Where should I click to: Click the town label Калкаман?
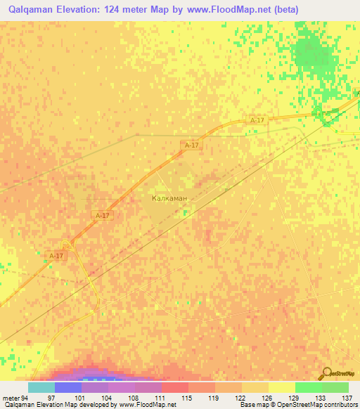[169, 199]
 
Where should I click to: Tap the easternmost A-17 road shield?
[257, 121]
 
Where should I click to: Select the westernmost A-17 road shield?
[57, 257]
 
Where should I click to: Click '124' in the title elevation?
[116, 10]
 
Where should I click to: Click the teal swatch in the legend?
[41, 387]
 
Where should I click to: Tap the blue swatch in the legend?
[67, 387]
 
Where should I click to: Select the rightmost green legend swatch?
[335, 387]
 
